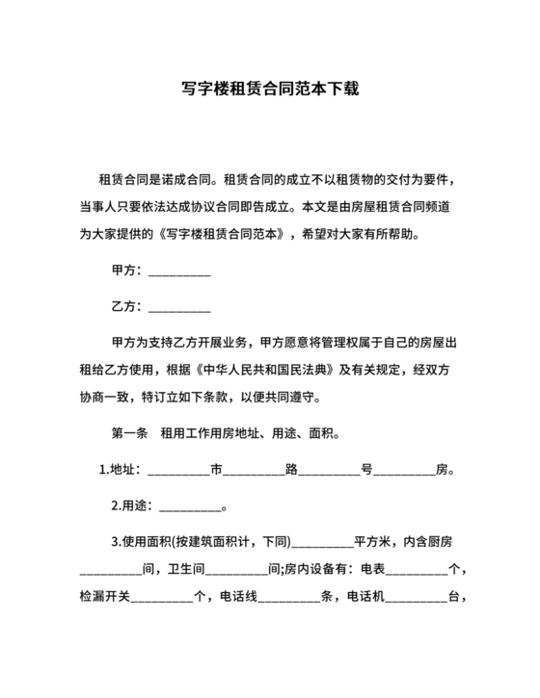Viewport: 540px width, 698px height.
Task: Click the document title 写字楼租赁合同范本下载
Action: pos(270,89)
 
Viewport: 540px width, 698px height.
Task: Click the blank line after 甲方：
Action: pos(179,271)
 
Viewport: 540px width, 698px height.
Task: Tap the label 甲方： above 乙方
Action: pos(128,271)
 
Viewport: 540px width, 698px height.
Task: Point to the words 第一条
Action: pos(129,433)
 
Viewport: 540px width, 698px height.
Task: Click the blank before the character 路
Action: pos(254,471)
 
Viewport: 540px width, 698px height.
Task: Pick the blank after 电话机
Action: pos(417,596)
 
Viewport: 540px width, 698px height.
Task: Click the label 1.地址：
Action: pos(121,471)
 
